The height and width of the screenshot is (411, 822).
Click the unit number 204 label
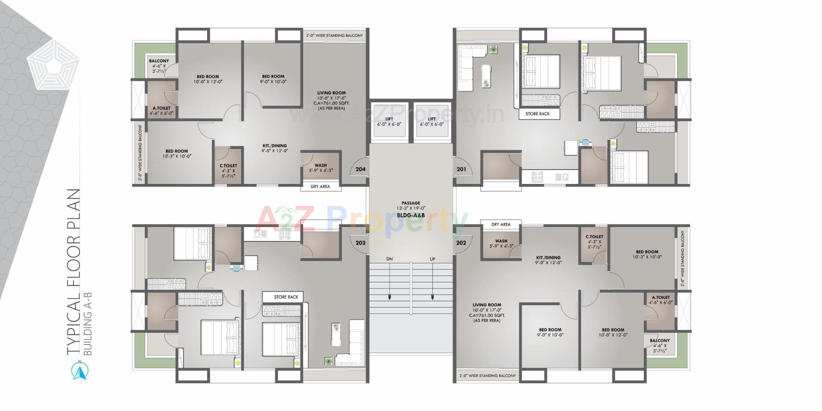coord(360,169)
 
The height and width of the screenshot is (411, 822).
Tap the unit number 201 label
coord(461,169)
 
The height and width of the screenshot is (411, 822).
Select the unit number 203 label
coord(360,243)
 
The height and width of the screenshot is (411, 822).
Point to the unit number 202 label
coord(461,243)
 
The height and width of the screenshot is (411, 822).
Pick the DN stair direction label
coord(389,259)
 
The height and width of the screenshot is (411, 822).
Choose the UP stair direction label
coord(432,259)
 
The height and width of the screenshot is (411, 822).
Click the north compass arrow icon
coord(80,371)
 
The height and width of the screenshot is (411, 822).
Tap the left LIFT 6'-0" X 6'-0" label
coord(389,122)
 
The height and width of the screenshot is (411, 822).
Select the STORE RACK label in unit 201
coord(537,114)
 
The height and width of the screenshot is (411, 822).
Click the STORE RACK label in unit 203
coord(286,297)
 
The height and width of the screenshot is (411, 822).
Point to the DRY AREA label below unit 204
coord(320,187)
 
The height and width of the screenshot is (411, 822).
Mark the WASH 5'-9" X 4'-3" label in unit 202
coord(501,244)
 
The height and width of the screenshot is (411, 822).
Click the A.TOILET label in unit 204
coord(161,111)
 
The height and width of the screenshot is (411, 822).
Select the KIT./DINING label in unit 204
coord(274,148)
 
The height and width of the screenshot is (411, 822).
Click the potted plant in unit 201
coord(494,50)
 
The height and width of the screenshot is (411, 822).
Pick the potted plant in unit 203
coord(328,361)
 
